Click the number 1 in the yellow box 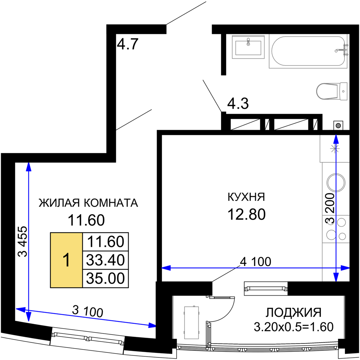[x=66, y=260]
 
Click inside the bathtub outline [x=306, y=51]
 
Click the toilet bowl [x=326, y=91]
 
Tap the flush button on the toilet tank [x=343, y=91]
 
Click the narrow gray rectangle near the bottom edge [x=192, y=323]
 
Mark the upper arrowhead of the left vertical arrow [x=29, y=167]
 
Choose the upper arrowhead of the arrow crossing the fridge [x=336, y=139]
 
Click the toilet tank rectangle [x=343, y=91]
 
